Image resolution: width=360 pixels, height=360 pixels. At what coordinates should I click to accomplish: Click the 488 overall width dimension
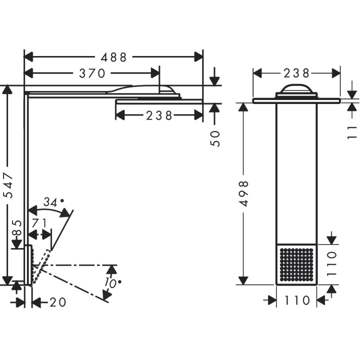114,57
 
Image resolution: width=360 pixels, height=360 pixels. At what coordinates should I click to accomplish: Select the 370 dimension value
92,73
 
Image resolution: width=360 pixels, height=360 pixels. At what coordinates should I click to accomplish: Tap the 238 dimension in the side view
159,115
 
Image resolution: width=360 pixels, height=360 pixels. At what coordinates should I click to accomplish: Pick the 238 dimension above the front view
296,73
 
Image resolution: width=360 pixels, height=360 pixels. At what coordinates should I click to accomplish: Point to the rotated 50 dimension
215,137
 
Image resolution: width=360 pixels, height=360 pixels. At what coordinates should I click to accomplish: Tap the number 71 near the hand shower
39,223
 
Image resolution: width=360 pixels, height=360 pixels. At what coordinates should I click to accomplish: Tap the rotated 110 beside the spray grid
332,264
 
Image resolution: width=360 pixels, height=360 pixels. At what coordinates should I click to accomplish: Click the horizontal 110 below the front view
297,300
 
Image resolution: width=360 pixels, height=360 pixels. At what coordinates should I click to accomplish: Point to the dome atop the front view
296,91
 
